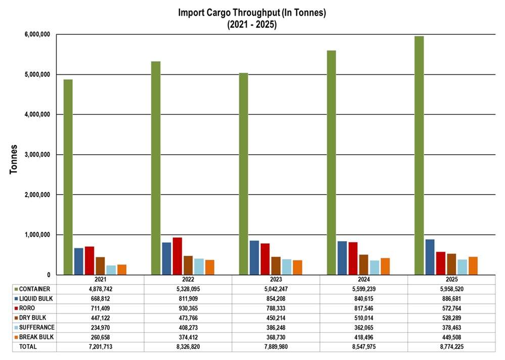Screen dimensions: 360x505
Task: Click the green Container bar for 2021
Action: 68,177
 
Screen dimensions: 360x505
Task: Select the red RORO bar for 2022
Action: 177,256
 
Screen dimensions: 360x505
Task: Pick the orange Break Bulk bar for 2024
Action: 385,266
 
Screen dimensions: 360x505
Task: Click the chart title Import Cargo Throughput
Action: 252,13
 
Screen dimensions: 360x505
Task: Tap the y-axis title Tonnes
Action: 15,159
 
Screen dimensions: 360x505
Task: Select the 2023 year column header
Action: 276,280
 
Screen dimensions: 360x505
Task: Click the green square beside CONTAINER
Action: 16,289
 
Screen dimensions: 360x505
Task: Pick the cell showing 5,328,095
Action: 188,289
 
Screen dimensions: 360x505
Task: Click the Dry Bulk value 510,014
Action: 363,318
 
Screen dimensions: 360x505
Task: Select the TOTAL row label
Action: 28,346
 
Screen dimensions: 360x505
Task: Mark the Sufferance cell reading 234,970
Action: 100,327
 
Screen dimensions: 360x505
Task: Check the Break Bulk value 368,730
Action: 276,337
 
